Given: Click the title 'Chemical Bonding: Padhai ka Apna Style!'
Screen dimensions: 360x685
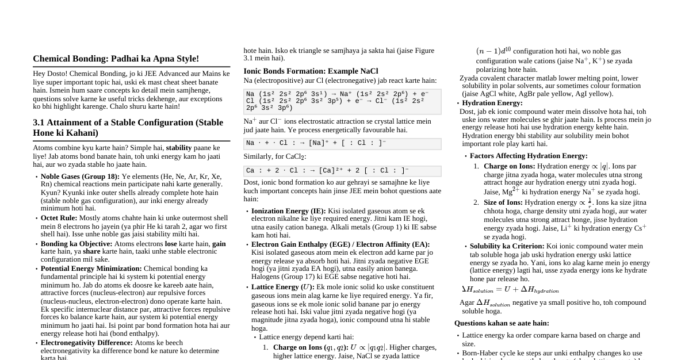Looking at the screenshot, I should click(116, 59).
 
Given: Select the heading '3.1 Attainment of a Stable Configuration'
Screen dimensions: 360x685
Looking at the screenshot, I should click(128, 127).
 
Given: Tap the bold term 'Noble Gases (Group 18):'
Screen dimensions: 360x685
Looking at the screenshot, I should click(80, 177).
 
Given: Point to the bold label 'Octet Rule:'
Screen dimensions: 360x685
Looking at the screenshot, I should click(59, 218).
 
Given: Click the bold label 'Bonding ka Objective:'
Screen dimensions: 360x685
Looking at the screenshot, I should click(76, 243).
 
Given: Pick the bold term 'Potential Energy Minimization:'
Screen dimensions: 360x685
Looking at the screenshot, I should click(91, 269).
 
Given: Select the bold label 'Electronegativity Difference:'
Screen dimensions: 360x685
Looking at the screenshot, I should click(86, 343).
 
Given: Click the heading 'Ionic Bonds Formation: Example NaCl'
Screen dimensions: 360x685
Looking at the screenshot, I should click(311, 71).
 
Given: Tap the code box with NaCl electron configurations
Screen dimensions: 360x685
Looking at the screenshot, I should click(342, 101).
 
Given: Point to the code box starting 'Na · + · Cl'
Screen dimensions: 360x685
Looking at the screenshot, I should click(342, 144).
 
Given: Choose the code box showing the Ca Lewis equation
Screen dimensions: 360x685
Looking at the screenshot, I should click(342, 171).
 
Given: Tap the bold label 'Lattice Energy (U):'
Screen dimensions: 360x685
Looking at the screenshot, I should click(282, 287).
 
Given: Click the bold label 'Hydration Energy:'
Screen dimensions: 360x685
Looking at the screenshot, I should click(492, 103).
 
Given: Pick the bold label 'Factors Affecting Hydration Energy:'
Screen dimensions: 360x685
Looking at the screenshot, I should click(529, 156).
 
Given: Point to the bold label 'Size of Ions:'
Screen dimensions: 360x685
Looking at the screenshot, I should click(503, 202).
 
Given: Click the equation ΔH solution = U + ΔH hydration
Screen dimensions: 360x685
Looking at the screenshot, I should click(510, 290).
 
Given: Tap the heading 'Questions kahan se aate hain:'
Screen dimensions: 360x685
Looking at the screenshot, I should click(502, 323).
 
